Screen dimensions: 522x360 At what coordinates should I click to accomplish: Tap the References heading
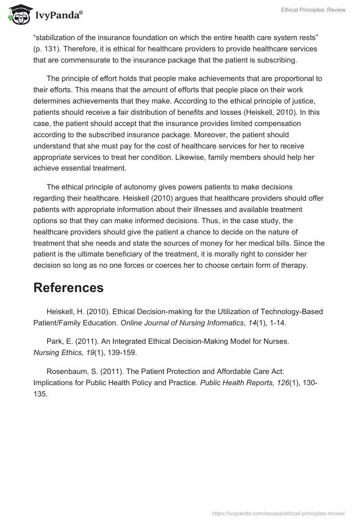pyautogui.click(x=68, y=288)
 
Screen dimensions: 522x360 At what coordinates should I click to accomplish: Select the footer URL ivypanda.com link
pyautogui.click(x=278, y=513)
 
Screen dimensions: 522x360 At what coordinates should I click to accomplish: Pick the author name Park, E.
pyautogui.click(x=60, y=342)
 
